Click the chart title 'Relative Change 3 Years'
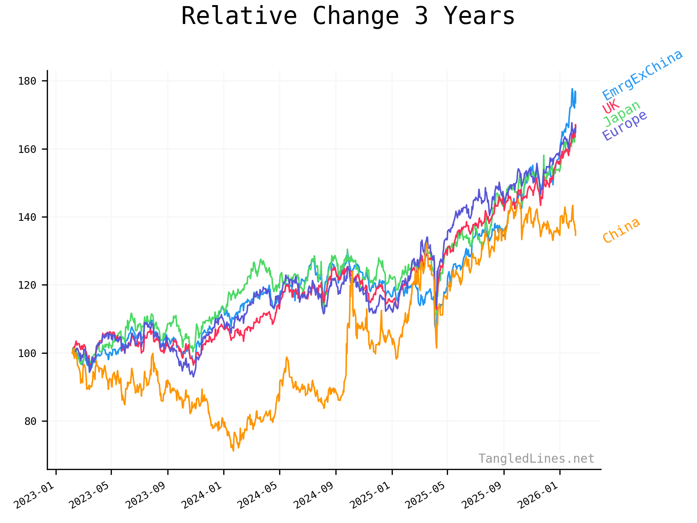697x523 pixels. tap(348, 16)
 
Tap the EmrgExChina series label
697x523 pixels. tap(643, 75)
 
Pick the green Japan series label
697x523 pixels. tap(622, 114)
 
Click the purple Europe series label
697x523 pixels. tap(624, 125)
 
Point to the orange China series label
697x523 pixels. tap(621, 231)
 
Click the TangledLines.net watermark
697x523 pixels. tap(536, 459)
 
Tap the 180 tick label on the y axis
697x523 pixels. tap(27, 81)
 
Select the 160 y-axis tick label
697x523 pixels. tap(27, 149)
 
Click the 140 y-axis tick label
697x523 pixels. tap(27, 217)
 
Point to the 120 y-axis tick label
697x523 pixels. tap(27, 285)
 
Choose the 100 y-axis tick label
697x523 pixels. tap(27, 353)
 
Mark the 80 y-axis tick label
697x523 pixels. tap(30, 421)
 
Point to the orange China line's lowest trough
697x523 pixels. tap(233, 451)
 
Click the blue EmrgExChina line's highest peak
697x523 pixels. tap(572, 89)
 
